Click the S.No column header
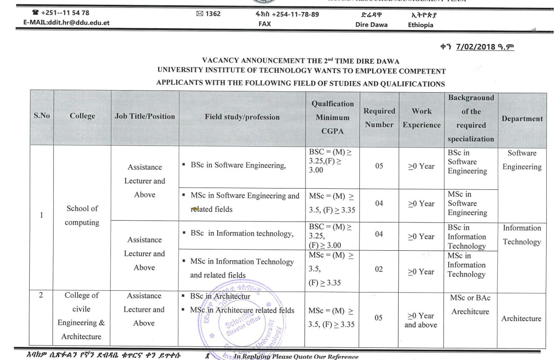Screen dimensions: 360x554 pos(42,116)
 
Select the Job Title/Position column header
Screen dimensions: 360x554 pos(145,116)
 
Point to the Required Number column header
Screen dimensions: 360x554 pos(379,118)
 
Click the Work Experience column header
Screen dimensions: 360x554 pos(421,118)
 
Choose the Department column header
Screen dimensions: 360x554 pos(522,118)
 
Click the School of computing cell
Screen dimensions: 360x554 pos(82,215)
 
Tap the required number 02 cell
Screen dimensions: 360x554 pos(379,269)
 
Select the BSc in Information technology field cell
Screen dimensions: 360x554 pos(242,233)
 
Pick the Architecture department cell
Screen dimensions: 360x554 pos(521,319)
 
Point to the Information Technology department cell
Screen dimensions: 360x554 pos(522,235)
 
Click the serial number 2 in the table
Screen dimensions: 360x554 pos(41,295)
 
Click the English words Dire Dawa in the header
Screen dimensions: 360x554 pos(371,25)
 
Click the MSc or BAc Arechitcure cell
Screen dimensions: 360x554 pos(470,305)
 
